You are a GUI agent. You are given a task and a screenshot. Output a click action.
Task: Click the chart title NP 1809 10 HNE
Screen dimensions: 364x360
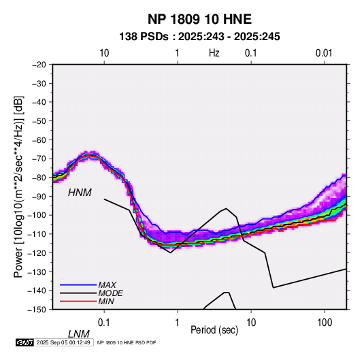tap(199, 19)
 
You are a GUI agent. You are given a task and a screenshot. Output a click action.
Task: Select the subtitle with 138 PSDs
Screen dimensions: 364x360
tap(199, 37)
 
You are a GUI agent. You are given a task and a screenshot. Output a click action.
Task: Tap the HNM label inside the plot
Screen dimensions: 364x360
tap(80, 193)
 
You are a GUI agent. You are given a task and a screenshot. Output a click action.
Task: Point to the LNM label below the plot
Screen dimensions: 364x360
tap(79, 334)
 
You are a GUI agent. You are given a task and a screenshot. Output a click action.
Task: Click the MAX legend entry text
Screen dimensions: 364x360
tap(107, 284)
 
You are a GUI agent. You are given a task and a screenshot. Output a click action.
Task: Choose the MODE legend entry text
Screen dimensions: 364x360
tap(110, 293)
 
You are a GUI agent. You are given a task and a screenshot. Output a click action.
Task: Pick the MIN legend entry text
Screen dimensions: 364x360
tap(106, 301)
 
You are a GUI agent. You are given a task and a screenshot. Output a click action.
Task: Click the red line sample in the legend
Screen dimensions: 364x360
tap(78, 301)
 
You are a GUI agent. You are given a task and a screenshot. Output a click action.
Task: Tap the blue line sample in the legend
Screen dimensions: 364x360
tap(78, 284)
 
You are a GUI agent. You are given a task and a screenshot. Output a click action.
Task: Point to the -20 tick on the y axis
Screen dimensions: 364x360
tap(39, 65)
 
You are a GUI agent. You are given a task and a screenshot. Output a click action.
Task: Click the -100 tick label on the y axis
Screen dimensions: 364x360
tap(37, 215)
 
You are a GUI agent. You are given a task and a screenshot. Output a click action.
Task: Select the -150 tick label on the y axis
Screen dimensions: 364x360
tap(37, 310)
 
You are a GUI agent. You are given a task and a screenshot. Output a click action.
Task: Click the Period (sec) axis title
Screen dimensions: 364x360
tap(214, 330)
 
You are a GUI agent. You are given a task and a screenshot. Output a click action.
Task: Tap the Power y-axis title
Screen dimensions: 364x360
tap(18, 187)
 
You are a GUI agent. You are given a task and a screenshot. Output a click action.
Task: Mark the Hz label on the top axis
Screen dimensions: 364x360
tap(214, 53)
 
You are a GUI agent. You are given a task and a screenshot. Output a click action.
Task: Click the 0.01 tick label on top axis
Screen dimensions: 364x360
tap(324, 53)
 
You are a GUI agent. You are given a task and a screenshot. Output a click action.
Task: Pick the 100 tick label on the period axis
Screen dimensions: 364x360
tap(325, 323)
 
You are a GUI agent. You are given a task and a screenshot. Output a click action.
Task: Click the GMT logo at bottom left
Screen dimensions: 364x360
tap(24, 342)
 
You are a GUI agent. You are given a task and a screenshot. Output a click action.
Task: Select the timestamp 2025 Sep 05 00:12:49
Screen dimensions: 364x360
tap(63, 342)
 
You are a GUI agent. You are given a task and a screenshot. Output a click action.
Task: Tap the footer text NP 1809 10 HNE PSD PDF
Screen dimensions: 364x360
tap(127, 342)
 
